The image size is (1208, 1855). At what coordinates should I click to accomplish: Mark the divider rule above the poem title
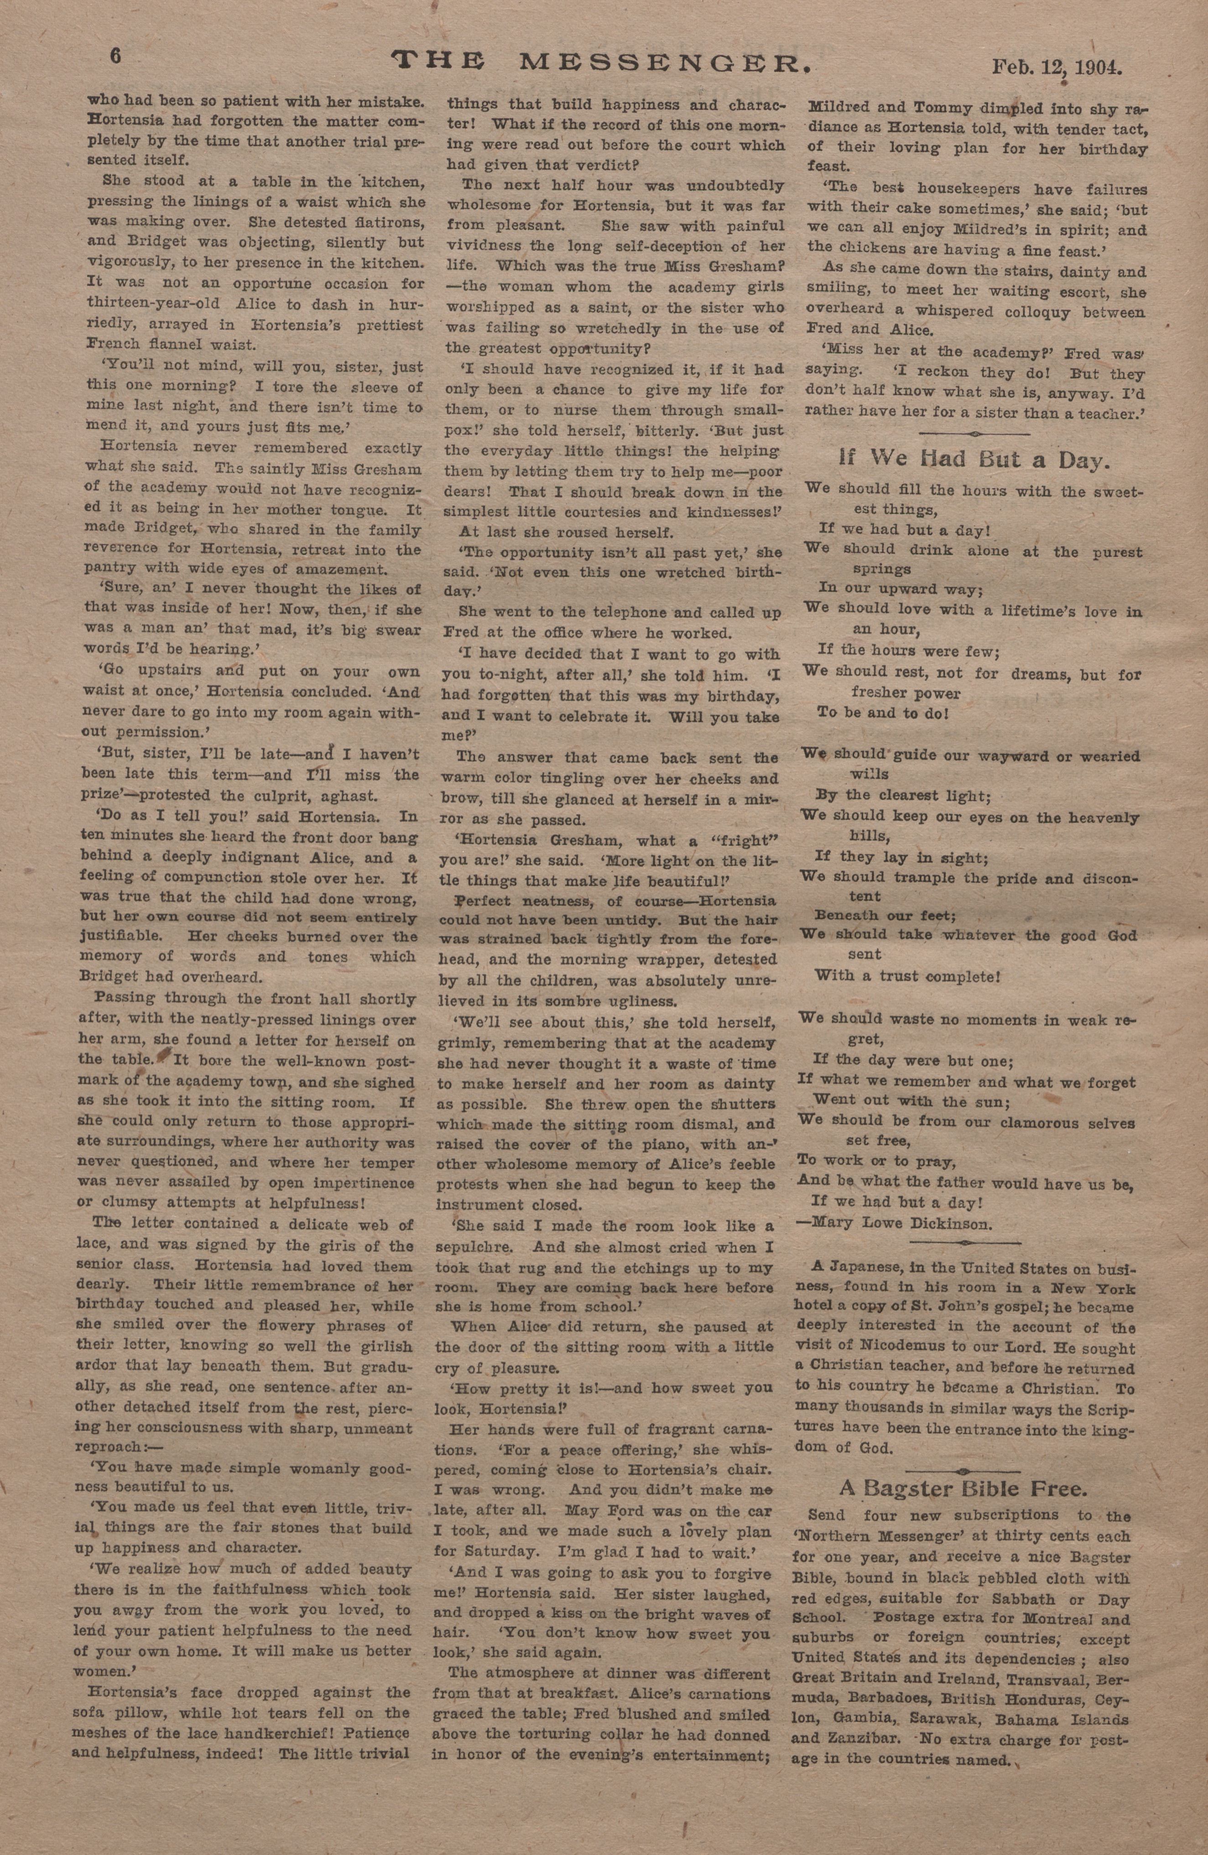tap(974, 434)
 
